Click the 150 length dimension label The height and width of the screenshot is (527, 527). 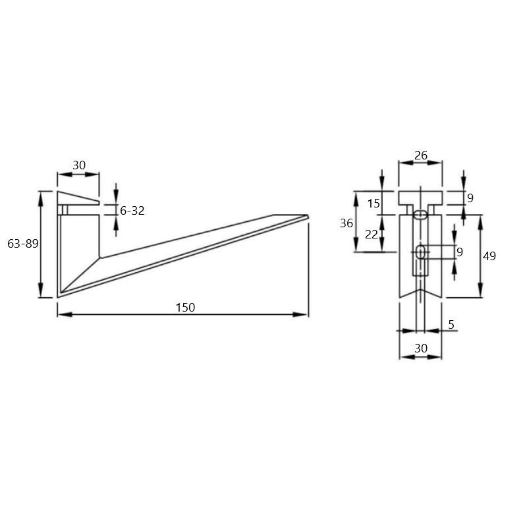point(185,307)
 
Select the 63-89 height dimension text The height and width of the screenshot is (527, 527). point(23,243)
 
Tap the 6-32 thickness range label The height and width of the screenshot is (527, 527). point(132,210)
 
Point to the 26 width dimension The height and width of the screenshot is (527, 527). point(420,155)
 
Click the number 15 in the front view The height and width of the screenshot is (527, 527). point(374,204)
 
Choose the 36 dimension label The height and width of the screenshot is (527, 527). point(347,223)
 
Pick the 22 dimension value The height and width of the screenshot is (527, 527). point(372,235)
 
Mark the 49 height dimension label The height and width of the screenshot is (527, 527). point(489,256)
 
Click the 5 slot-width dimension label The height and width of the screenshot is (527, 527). point(451,324)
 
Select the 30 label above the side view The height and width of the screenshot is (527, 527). point(79,165)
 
